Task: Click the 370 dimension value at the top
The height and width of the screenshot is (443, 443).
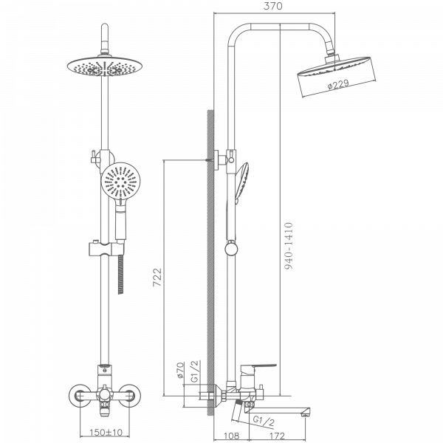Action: pyautogui.click(x=272, y=6)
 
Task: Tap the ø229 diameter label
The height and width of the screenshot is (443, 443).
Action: pyautogui.click(x=338, y=84)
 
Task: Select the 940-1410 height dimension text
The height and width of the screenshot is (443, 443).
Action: pyautogui.click(x=289, y=246)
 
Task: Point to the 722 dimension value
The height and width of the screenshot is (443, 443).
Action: pyautogui.click(x=157, y=277)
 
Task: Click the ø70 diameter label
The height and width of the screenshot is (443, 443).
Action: pyautogui.click(x=180, y=371)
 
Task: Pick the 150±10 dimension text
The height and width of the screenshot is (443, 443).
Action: pyautogui.click(x=106, y=432)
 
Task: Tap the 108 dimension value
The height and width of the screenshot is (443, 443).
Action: pyautogui.click(x=231, y=436)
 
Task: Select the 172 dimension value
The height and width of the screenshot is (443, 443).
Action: pyautogui.click(x=277, y=436)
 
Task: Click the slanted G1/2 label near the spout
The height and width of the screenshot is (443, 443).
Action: pyautogui.click(x=264, y=421)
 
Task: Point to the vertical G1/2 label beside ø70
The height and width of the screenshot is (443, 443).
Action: pyautogui.click(x=195, y=371)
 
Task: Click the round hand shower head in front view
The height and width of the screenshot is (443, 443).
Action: pyautogui.click(x=120, y=180)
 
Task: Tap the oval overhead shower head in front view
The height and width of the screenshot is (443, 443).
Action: pyautogui.click(x=105, y=66)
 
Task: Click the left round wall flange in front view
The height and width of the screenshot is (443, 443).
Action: pyautogui.click(x=80, y=396)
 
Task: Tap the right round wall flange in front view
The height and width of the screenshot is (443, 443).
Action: pyautogui.click(x=129, y=396)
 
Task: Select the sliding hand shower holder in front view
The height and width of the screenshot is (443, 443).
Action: pyautogui.click(x=106, y=248)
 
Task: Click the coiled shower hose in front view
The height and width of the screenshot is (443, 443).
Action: pyautogui.click(x=120, y=274)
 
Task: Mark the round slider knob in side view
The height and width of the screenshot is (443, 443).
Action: pyautogui.click(x=231, y=250)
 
